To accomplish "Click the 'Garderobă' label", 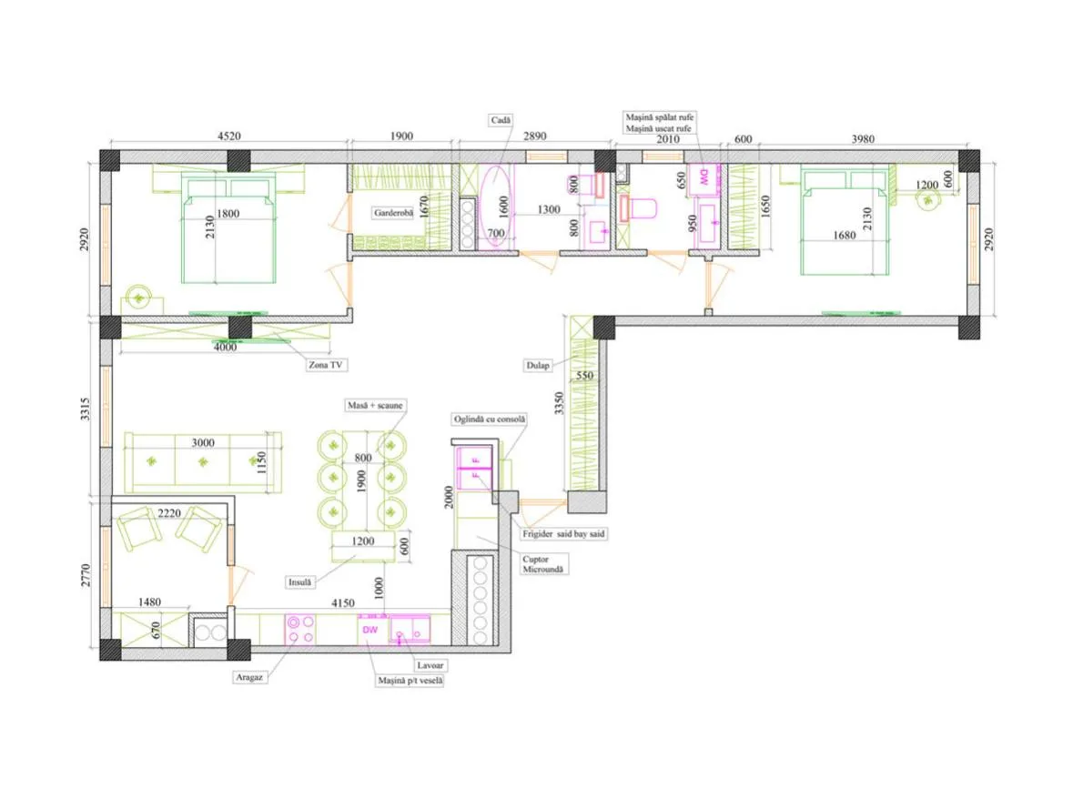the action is (393, 213).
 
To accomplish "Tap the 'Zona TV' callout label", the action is (325, 365).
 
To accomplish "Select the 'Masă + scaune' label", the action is (375, 406).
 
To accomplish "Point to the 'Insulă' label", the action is (299, 582).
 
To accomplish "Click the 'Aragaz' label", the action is (249, 677).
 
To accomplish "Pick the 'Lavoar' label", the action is (430, 665).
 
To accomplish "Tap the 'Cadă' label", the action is (501, 120).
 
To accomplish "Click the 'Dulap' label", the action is (538, 365).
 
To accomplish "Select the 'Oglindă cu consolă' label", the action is (490, 419).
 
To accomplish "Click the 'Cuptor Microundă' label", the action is (543, 564).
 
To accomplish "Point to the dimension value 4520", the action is (229, 136).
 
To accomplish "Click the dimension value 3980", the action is (863, 139).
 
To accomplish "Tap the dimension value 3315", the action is (85, 409).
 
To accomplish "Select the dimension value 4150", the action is (343, 602).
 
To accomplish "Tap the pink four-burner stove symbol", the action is (300, 630).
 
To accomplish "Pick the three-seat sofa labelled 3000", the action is (203, 461).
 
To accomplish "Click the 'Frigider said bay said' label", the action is (563, 533).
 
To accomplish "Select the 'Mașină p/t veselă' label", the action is (410, 681).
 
